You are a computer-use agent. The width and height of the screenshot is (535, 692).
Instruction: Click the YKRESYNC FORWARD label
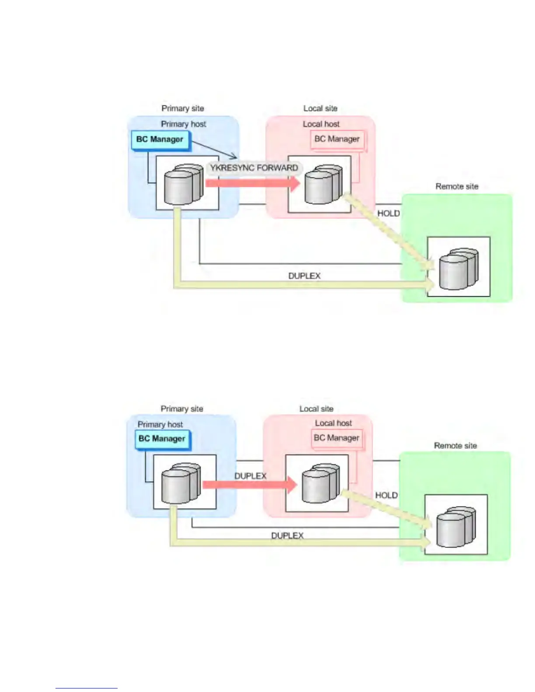[254, 168]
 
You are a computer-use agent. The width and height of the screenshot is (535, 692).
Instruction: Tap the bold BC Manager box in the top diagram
[160, 140]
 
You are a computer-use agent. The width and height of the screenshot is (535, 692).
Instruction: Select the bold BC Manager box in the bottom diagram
[162, 439]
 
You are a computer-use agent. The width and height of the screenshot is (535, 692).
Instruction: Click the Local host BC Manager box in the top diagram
[337, 139]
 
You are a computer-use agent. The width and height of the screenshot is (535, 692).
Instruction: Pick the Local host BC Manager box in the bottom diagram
[337, 438]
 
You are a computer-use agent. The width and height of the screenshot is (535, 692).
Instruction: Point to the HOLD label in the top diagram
[389, 214]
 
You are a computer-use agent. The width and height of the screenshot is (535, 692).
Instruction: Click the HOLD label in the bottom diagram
[386, 495]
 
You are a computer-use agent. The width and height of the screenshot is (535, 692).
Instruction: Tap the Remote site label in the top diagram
[457, 187]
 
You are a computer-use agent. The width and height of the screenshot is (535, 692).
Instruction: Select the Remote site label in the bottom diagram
[455, 446]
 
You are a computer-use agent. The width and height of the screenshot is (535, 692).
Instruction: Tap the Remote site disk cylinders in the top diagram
[459, 268]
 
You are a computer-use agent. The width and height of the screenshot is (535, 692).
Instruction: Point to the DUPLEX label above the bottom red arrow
[250, 476]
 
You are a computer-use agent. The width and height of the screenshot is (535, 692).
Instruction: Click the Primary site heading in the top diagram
[183, 108]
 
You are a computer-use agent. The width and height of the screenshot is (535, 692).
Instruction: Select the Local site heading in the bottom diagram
[316, 409]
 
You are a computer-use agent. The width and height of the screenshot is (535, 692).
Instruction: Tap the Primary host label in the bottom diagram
[160, 425]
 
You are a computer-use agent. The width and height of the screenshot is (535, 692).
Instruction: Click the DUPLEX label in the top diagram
[304, 276]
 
